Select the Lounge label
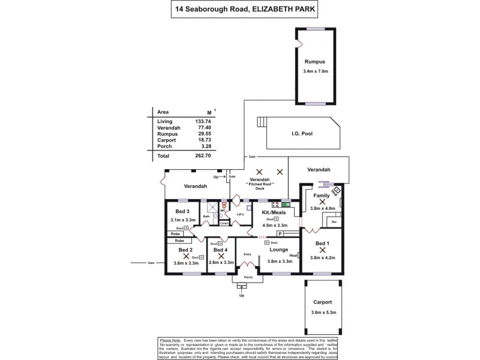coord(279,250)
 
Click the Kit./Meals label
coord(274,212)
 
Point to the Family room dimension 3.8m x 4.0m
coord(322,208)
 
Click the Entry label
coord(247,254)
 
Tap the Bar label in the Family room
coord(334,222)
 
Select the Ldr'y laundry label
coord(240,214)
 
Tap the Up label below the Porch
coord(242,296)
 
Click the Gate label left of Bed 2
coord(151,263)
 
